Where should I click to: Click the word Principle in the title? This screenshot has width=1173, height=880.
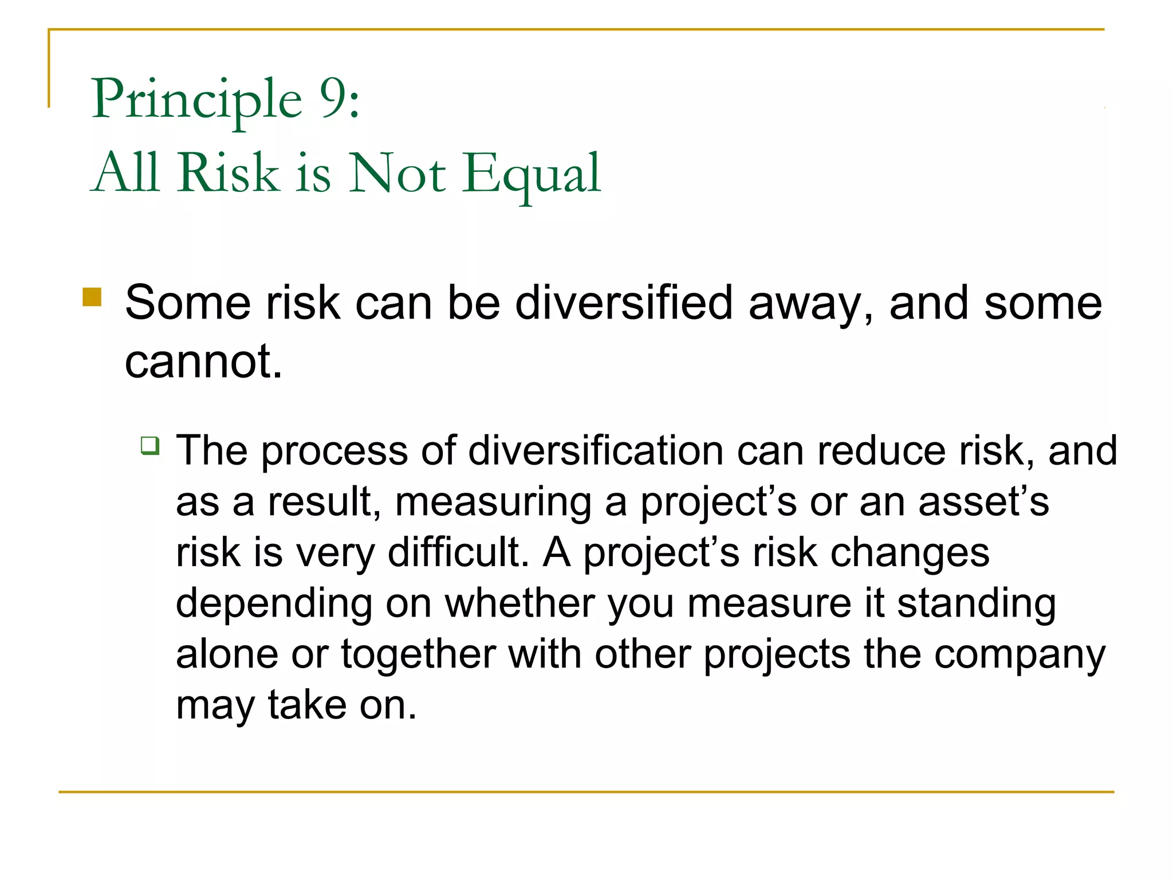point(196,100)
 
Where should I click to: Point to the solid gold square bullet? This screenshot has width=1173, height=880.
point(92,297)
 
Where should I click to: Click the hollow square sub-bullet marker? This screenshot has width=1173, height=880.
point(150,445)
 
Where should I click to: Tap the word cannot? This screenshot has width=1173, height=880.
point(203,362)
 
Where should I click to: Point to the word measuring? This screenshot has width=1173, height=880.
point(493,502)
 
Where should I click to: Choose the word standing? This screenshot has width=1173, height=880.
point(976,604)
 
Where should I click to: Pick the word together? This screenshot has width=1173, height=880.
point(419,654)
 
